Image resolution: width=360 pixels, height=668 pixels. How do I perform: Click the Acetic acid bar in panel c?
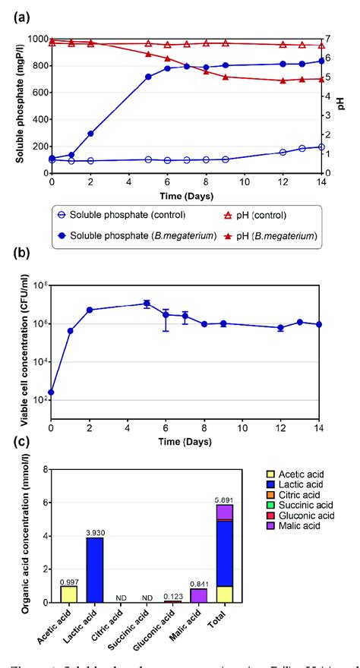[68, 593]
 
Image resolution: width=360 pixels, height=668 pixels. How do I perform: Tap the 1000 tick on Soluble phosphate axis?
[36, 39]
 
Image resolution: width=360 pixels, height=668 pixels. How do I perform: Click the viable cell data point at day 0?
[51, 392]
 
